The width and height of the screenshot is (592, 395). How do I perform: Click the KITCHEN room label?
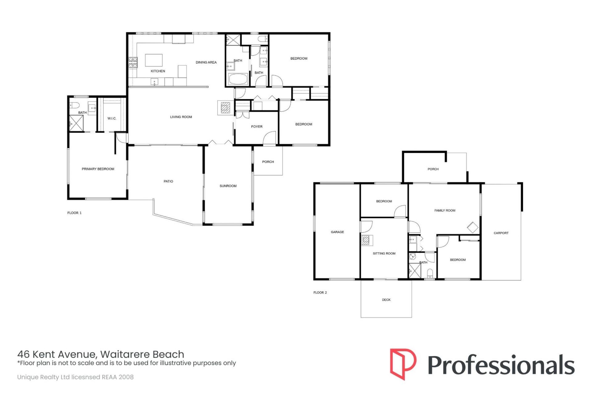point(158,71)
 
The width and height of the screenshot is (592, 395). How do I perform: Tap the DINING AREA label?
point(206,62)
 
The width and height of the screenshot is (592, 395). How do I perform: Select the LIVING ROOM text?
point(181,117)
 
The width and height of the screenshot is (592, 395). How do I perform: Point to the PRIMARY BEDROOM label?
point(98,169)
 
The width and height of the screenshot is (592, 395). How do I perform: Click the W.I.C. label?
point(112,118)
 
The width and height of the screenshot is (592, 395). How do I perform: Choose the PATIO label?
point(168,181)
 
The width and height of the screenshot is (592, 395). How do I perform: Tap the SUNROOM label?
point(228,186)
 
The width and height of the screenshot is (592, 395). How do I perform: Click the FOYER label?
point(257,127)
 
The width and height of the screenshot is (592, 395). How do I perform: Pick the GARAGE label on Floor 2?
point(337,232)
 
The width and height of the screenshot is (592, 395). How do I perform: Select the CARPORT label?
point(501,233)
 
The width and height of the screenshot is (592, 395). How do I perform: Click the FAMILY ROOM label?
point(445,210)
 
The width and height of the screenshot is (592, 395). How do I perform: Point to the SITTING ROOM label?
point(384,254)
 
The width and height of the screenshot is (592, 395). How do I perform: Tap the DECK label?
point(386,300)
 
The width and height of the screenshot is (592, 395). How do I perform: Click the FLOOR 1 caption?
point(74,213)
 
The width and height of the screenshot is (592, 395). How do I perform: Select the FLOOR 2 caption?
point(320,293)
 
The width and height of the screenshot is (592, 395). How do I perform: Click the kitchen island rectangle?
point(154,60)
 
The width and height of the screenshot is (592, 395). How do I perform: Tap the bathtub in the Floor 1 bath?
point(238,79)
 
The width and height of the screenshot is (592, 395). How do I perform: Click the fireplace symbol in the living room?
point(225,107)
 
